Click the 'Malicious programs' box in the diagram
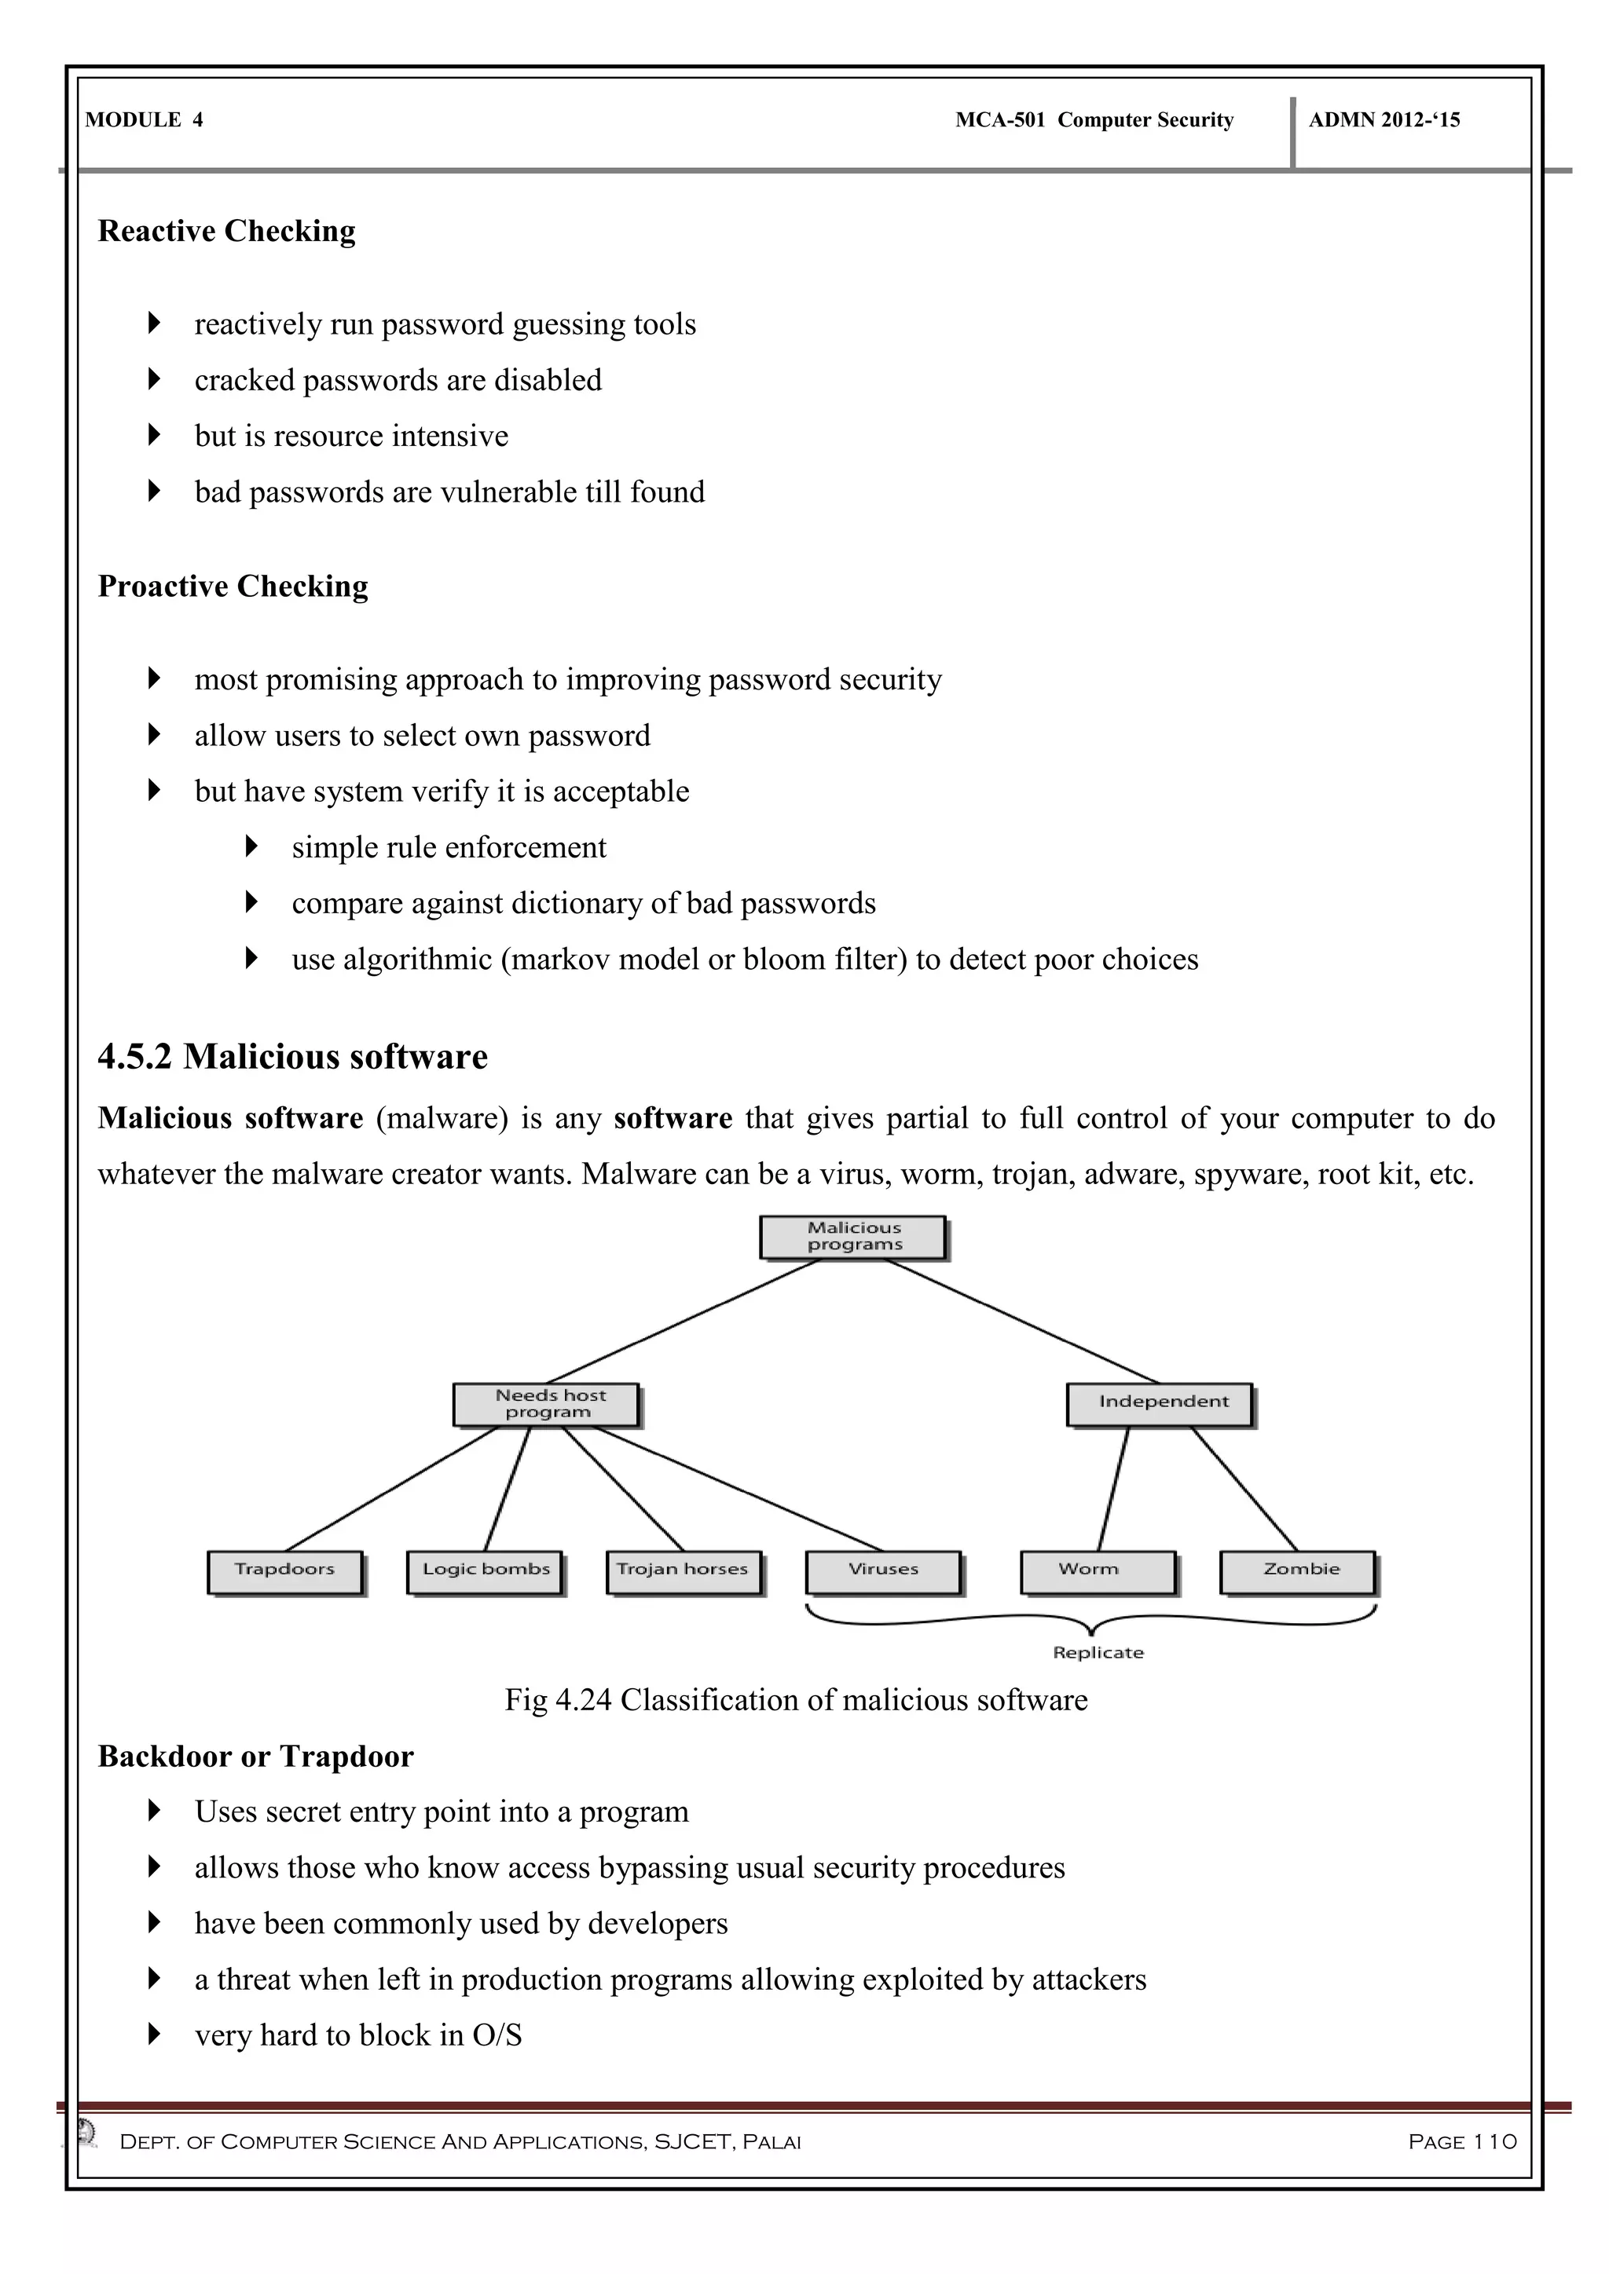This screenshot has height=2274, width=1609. (x=853, y=1237)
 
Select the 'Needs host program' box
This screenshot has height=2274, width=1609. (x=546, y=1405)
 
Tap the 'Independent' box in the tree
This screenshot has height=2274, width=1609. (x=1160, y=1405)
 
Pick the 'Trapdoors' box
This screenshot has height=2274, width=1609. (x=284, y=1572)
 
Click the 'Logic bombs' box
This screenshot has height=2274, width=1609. (x=485, y=1572)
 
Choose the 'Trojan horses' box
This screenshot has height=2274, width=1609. (x=684, y=1572)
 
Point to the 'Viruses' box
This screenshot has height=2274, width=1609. (x=884, y=1572)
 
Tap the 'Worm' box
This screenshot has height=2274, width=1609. (x=1098, y=1572)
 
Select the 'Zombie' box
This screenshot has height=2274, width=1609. (x=1298, y=1572)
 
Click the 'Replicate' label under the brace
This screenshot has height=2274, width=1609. (x=1098, y=1653)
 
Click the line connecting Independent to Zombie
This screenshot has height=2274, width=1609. (x=1244, y=1489)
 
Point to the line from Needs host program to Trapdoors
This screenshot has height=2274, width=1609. (x=391, y=1489)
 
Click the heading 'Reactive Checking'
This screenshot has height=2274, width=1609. (x=227, y=231)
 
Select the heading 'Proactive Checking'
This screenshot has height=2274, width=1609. (x=233, y=587)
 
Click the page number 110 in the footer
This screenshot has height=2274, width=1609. (x=1495, y=2142)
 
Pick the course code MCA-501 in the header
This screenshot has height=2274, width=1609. (x=999, y=120)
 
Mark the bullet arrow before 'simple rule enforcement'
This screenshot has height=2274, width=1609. (x=251, y=846)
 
